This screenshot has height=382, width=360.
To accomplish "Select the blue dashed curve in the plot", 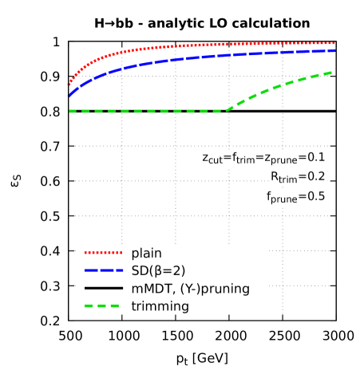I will [x=200, y=58].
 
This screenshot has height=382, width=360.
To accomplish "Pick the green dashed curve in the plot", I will [x=144, y=111].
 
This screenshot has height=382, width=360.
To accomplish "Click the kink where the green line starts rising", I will [x=226, y=111].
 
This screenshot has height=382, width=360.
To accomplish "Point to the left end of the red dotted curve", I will [x=69, y=83].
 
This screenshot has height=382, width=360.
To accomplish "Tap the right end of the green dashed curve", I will [x=332, y=73].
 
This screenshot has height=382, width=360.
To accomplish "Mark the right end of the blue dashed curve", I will [x=334, y=50].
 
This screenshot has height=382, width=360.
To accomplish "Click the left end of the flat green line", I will [x=70, y=111].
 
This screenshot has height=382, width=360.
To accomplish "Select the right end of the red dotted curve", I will [x=334, y=43].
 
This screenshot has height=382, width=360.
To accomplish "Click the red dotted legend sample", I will [x=104, y=252].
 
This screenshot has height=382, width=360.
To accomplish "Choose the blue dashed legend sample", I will [x=104, y=270].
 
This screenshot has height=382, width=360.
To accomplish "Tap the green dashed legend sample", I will [x=102, y=305].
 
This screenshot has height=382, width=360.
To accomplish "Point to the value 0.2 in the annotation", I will [x=315, y=177].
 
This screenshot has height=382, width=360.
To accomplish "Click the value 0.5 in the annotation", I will [x=315, y=197].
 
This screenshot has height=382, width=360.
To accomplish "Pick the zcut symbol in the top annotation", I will [x=212, y=159].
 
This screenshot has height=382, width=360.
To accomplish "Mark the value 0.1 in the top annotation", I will [x=315, y=158].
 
